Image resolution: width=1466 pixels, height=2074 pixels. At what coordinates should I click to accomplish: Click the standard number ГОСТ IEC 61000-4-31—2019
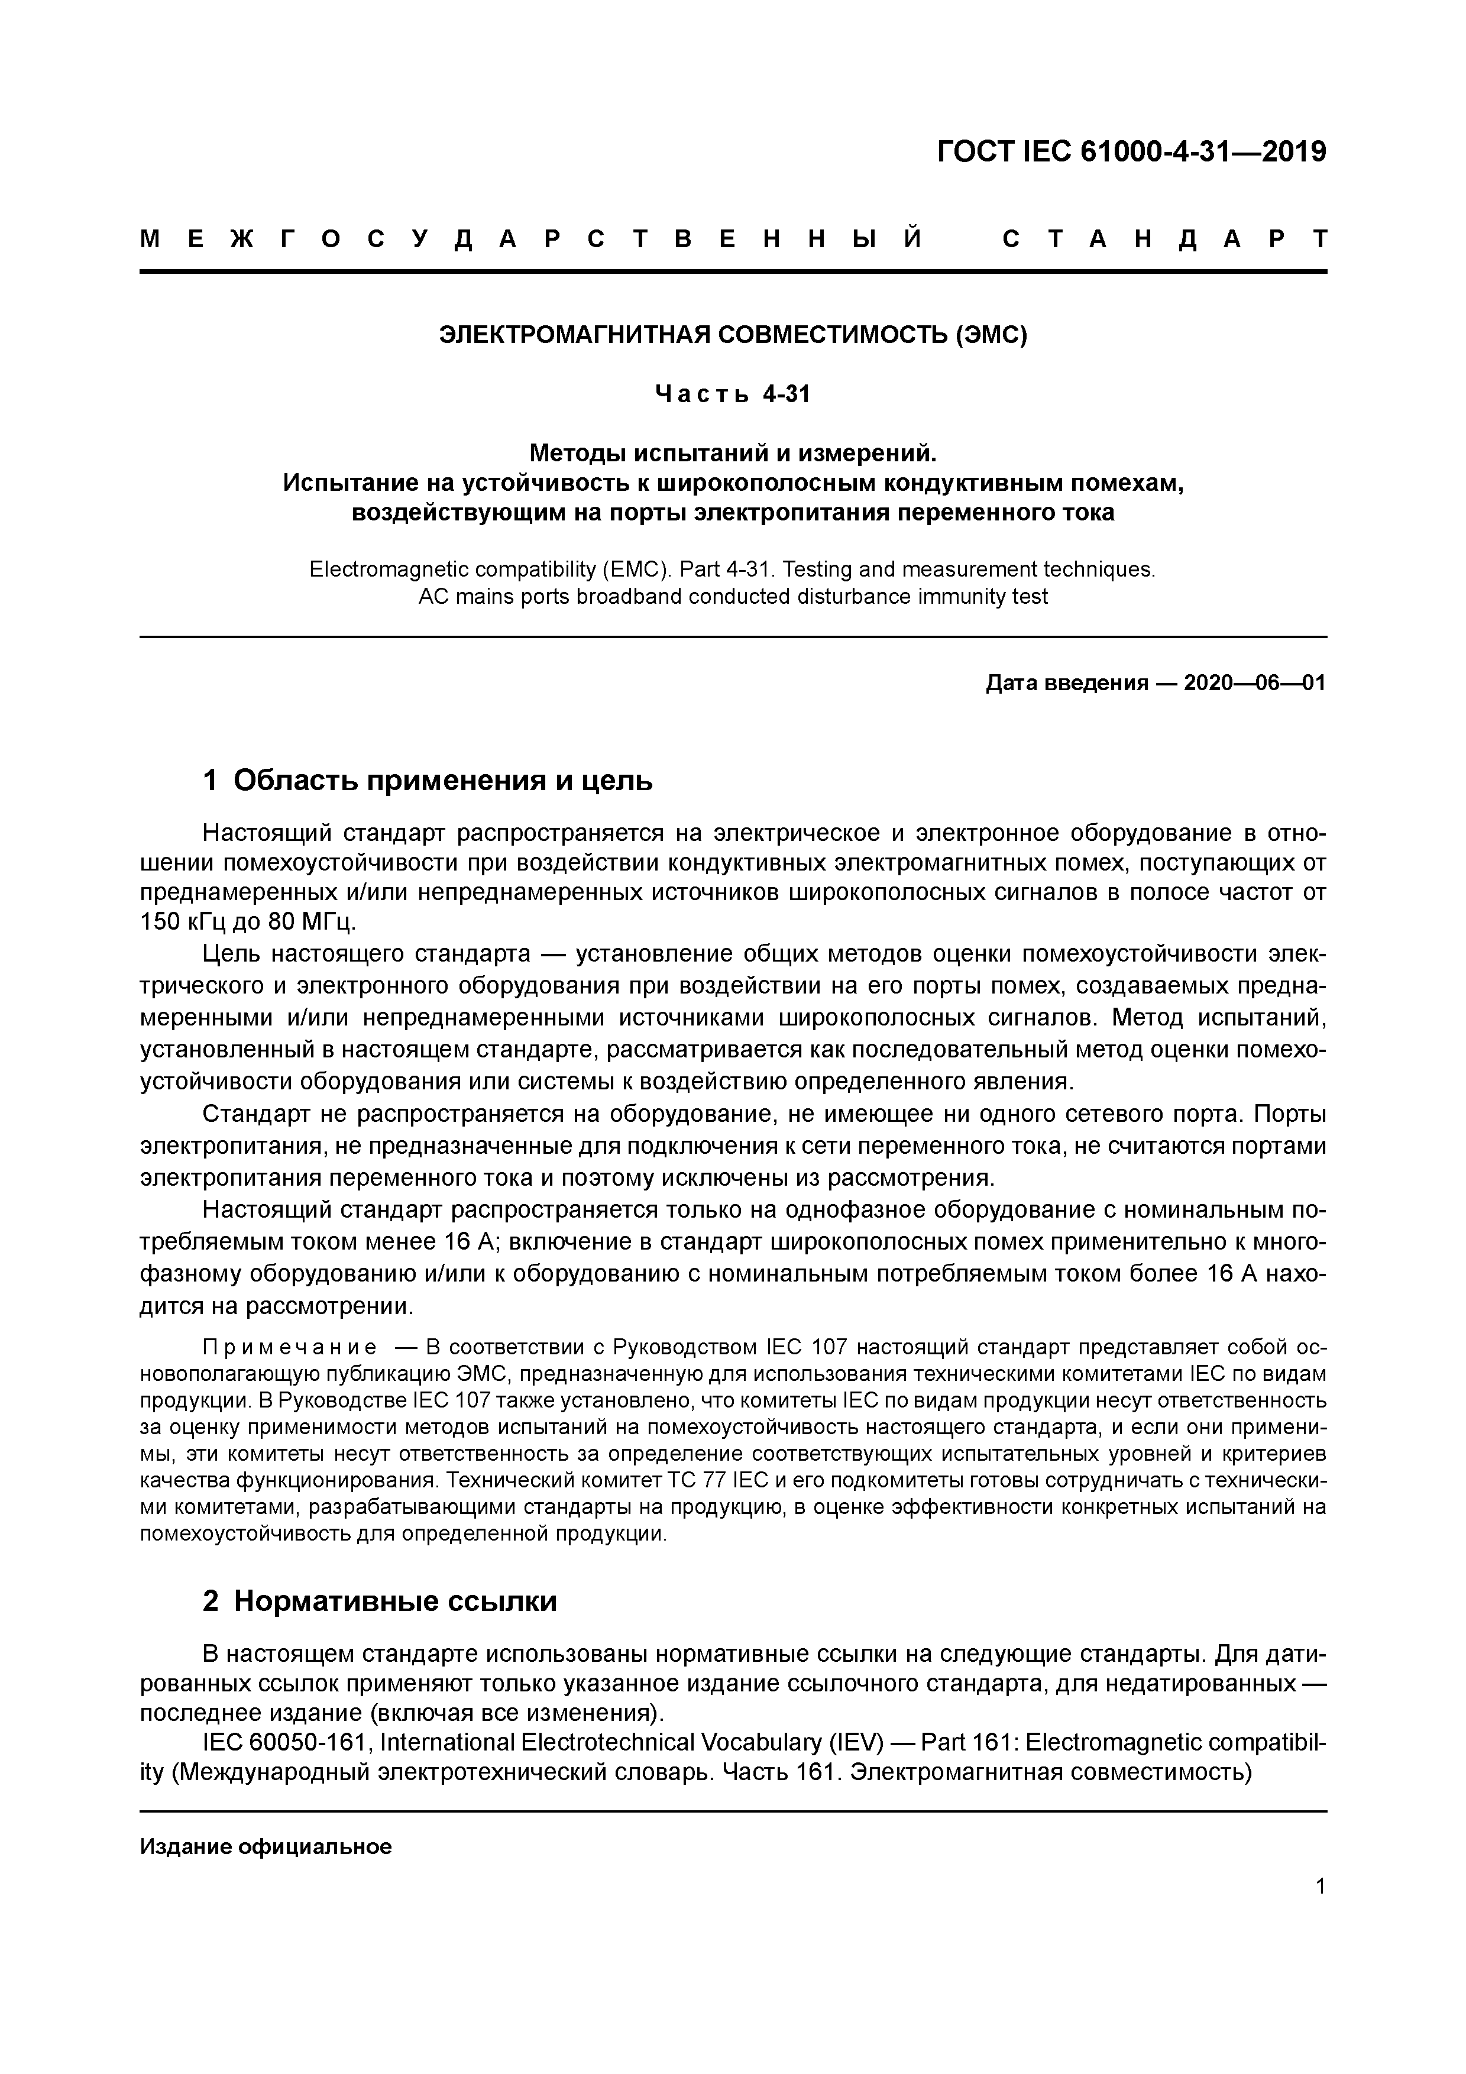(x=1132, y=153)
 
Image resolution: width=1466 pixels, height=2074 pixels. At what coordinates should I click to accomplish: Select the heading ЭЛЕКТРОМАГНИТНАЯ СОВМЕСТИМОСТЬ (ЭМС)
(x=733, y=335)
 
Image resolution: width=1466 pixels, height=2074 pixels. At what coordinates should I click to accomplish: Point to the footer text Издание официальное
(x=266, y=1846)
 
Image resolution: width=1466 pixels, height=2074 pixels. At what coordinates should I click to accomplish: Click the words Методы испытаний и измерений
(x=733, y=452)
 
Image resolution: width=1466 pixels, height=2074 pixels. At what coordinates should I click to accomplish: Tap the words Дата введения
(x=1066, y=683)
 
